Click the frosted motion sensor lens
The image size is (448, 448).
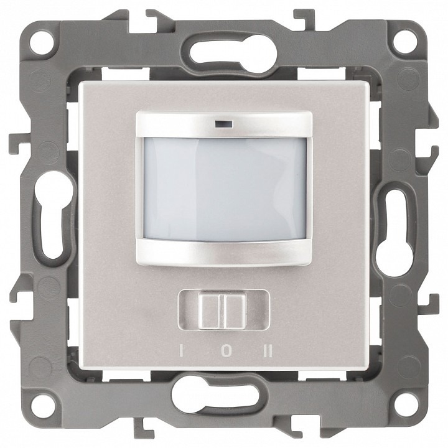coord(225,189)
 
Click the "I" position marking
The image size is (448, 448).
coord(180,351)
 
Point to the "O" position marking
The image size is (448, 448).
coord(226,351)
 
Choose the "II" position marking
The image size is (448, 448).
coord(268,351)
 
